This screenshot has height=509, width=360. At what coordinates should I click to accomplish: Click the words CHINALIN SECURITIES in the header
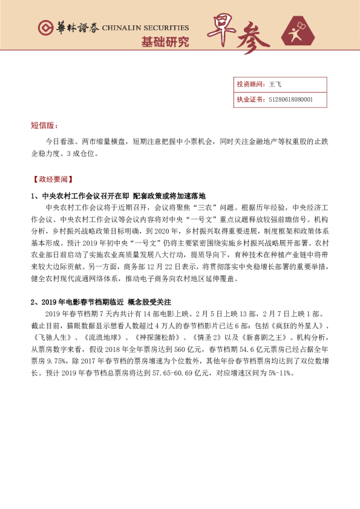pos(145,28)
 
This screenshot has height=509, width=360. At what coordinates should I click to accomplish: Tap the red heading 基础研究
pos(165,42)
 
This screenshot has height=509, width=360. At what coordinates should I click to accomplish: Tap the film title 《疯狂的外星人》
pos(290,331)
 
